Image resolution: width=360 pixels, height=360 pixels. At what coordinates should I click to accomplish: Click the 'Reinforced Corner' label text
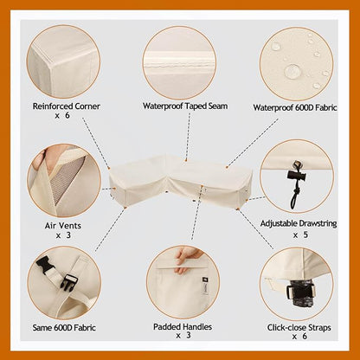click(x=66, y=106)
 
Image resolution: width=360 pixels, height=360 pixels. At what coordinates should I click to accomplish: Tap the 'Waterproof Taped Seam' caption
click(x=185, y=106)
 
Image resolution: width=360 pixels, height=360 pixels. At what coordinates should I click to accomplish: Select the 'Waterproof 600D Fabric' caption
click(x=295, y=107)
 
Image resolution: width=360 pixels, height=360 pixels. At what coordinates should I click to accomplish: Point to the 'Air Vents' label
click(x=63, y=225)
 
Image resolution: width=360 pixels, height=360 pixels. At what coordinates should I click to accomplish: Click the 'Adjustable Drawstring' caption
click(x=299, y=223)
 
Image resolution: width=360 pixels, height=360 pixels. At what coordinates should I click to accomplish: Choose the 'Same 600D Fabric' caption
click(x=64, y=328)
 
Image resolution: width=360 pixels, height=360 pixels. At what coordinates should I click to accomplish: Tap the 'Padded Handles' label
click(x=183, y=327)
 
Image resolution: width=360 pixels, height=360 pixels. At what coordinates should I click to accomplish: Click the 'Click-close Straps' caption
click(x=299, y=328)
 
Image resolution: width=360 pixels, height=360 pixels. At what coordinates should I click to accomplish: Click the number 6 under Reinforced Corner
click(x=67, y=115)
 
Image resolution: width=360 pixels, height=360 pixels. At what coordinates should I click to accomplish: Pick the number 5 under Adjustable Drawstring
click(x=305, y=235)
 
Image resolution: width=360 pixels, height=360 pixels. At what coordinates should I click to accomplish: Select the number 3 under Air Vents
click(x=68, y=235)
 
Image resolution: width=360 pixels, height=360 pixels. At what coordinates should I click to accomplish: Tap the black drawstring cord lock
click(x=297, y=176)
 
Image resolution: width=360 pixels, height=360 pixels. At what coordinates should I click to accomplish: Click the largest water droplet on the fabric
click(x=292, y=71)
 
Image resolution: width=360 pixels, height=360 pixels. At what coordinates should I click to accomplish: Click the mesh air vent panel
click(x=68, y=178)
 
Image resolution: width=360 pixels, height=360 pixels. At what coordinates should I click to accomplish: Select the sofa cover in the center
click(x=181, y=181)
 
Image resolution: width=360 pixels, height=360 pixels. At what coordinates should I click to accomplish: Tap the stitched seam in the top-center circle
click(x=179, y=66)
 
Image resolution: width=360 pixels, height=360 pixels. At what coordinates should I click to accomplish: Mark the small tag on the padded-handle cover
click(x=204, y=286)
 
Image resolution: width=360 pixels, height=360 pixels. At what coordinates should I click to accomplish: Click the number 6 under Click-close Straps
click(x=305, y=337)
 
